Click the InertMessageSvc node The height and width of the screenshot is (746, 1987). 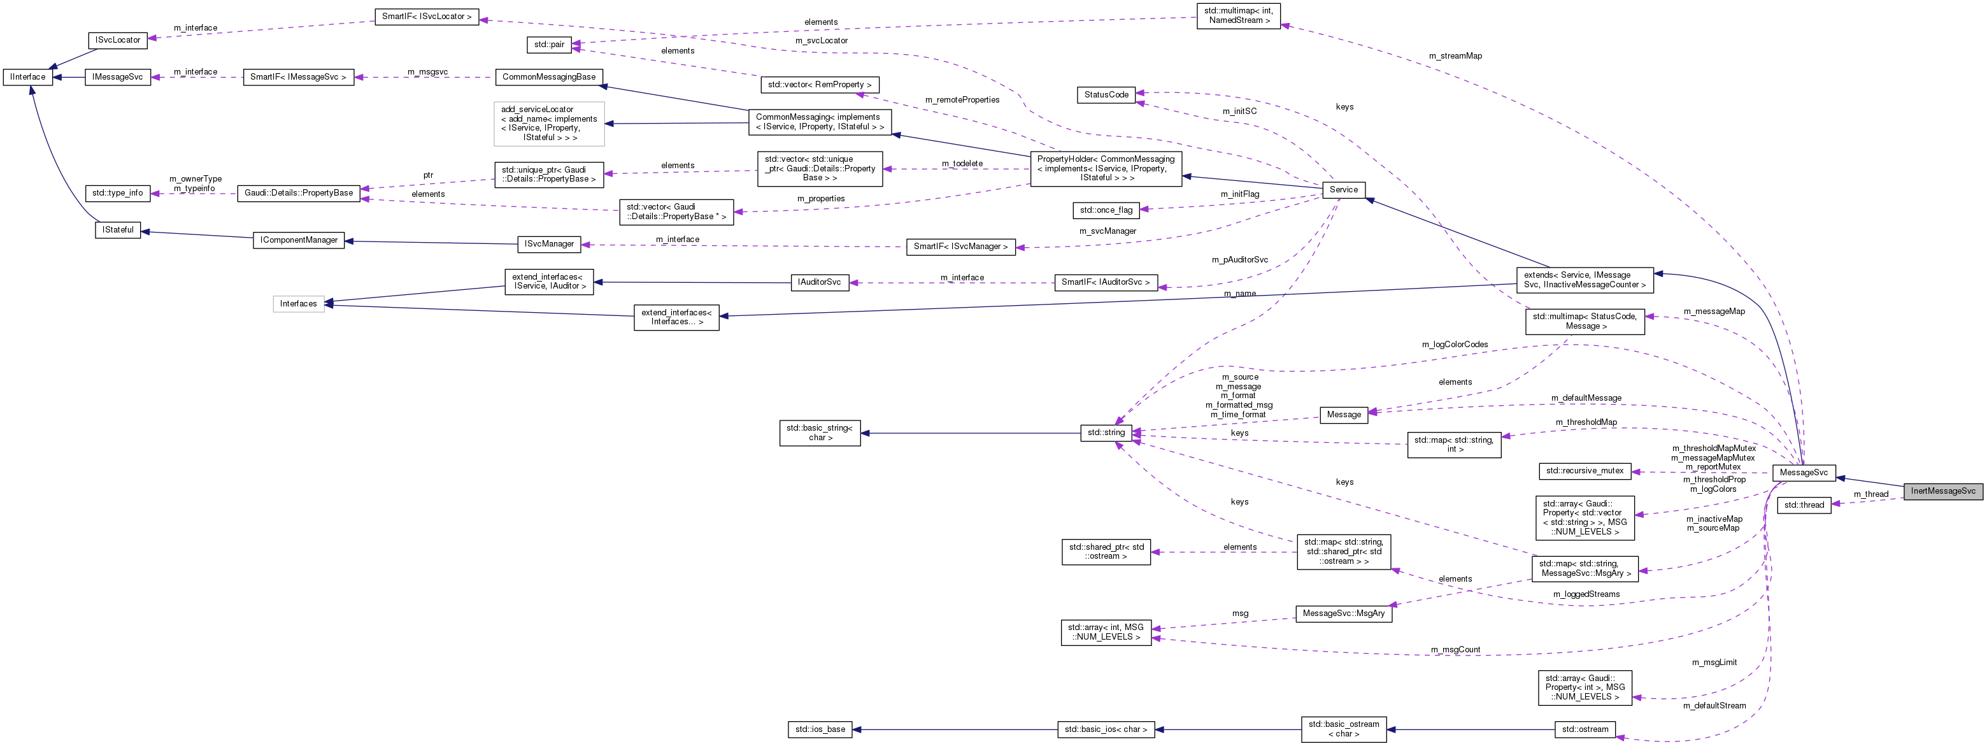[x=1942, y=491]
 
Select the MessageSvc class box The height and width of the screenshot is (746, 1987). [x=1804, y=472]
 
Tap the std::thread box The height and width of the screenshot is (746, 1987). [x=1804, y=505]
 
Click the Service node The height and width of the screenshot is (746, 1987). [x=1343, y=190]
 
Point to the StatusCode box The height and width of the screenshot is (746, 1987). [x=1106, y=95]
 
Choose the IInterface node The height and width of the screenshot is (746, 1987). [x=28, y=77]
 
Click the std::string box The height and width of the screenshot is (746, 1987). [x=1106, y=433]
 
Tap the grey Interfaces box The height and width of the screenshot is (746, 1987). [x=299, y=304]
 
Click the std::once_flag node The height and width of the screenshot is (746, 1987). [x=1106, y=210]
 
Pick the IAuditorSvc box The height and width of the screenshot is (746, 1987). [x=819, y=282]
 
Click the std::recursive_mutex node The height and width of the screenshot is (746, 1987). [x=1585, y=471]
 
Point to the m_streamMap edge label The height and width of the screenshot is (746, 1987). [x=1455, y=55]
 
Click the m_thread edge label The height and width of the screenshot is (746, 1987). [x=1870, y=494]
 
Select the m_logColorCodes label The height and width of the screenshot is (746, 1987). [x=1454, y=344]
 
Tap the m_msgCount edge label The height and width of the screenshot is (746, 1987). [x=1455, y=650]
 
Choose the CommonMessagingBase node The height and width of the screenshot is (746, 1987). [x=548, y=77]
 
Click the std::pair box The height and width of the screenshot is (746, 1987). [x=549, y=45]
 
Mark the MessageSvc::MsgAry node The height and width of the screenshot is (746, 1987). [x=1343, y=613]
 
